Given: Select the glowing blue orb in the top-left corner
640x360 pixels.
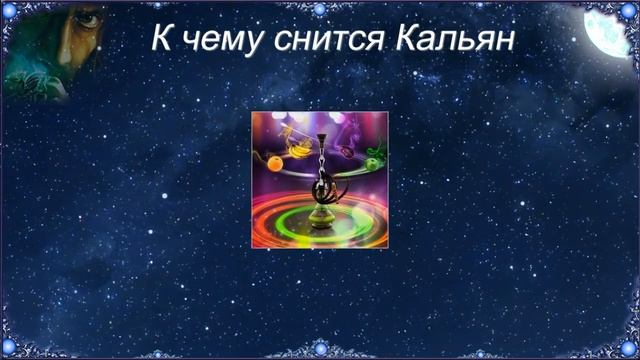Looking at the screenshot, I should point(11,10).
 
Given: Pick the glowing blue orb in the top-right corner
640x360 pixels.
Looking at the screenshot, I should point(628,10).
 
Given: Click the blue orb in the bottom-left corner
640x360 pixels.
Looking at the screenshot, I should point(11,349).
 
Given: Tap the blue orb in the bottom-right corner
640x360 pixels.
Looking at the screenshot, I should point(628,349).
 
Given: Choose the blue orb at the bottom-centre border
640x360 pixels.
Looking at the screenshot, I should point(320,350).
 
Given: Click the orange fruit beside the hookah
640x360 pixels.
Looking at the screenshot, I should point(275,162).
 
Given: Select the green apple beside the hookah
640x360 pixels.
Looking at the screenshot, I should point(372,163).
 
